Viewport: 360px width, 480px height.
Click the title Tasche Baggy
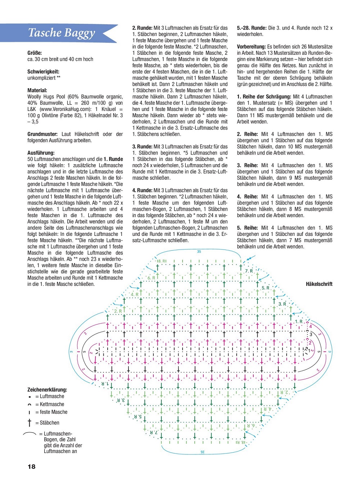click(x=62, y=33)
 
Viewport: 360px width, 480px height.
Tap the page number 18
click(x=32, y=467)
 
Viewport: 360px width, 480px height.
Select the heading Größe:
click(x=35, y=53)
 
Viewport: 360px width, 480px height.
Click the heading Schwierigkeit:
click(x=43, y=72)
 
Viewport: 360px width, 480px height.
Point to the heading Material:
click(x=37, y=90)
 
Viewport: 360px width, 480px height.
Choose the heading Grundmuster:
click(x=42, y=134)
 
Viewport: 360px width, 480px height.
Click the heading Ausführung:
click(x=41, y=153)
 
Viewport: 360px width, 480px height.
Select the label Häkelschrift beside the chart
click(x=319, y=284)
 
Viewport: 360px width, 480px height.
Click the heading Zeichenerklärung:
click(x=47, y=390)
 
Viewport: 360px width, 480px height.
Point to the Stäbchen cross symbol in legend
click(x=30, y=422)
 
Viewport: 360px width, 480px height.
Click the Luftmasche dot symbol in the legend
click(x=30, y=397)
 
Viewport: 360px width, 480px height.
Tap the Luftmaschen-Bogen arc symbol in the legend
click(x=30, y=434)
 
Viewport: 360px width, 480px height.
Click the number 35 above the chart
click(x=199, y=252)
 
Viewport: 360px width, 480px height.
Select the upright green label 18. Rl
click(x=162, y=261)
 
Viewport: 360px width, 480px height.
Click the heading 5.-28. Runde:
click(x=252, y=28)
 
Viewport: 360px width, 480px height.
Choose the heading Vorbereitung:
click(x=251, y=47)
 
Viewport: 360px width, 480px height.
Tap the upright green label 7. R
click(x=249, y=271)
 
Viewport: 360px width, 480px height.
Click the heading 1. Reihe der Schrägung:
click(x=264, y=97)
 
